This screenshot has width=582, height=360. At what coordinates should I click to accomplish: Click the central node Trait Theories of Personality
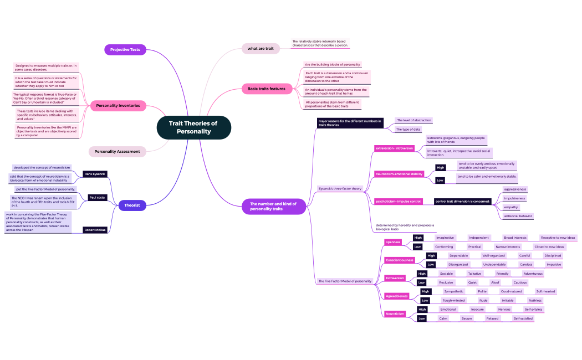tap(193, 127)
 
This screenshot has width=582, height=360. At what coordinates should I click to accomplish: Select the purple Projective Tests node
tap(125, 50)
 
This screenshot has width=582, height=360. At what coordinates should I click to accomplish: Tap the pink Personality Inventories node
tap(118, 105)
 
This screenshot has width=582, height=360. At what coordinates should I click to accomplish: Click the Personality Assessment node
tap(118, 151)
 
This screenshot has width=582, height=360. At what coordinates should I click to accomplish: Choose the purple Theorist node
tap(132, 205)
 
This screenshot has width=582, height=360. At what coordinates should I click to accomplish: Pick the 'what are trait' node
tap(261, 49)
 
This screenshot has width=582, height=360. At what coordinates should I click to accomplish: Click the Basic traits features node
tap(266, 89)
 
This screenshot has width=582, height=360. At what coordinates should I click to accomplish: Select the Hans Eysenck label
tap(95, 174)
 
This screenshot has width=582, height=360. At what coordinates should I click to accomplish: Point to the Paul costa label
tap(98, 197)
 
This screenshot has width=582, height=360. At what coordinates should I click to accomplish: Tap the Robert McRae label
tap(95, 229)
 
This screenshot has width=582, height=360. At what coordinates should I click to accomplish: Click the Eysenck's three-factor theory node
tap(340, 188)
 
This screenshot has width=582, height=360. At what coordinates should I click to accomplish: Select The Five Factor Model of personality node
tap(345, 281)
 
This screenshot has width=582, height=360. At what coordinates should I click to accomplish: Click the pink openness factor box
tap(393, 242)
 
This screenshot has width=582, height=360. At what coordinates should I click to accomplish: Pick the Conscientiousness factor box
tap(399, 260)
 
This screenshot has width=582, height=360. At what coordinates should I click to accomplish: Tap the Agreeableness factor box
tap(397, 296)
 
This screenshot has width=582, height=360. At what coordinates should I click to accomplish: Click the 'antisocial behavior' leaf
tap(518, 216)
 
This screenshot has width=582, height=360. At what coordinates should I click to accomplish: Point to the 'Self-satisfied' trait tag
tap(523, 318)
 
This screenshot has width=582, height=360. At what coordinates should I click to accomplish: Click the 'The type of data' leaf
tap(409, 129)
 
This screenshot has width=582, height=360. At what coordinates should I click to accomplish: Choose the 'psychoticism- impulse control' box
tap(399, 201)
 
